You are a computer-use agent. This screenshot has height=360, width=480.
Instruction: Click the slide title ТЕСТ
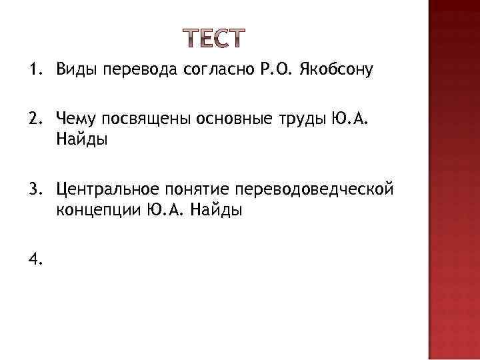pos(213,39)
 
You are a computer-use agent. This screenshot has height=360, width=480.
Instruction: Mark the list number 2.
pos(33,119)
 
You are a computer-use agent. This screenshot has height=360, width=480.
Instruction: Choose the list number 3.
pos(33,191)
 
